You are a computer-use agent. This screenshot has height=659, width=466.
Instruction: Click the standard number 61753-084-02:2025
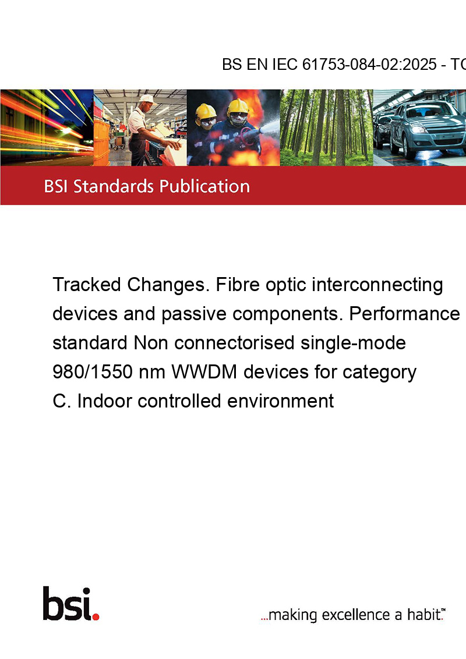point(369,65)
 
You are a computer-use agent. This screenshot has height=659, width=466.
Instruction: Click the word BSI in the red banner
point(57,186)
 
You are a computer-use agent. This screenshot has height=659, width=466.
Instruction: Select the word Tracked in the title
point(87,285)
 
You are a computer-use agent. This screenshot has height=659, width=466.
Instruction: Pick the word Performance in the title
point(405,314)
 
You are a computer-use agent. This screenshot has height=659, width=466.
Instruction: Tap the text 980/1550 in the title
point(93,372)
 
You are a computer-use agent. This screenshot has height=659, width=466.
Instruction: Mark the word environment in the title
point(281,401)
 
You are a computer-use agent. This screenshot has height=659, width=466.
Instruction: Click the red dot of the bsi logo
point(96,617)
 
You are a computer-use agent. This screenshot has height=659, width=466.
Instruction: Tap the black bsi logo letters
point(68,604)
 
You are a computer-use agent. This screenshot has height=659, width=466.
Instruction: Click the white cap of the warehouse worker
point(147,99)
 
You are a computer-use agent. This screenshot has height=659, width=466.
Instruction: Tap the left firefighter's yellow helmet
point(206,111)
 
